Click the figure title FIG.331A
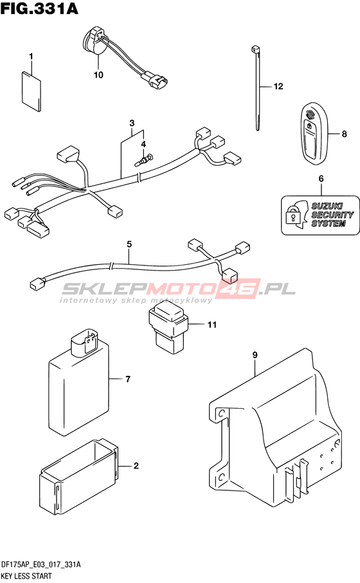click(x=39, y=8)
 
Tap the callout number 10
click(x=98, y=75)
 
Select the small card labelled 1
click(x=32, y=91)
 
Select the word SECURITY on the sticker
click(x=332, y=215)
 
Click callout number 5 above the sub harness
click(x=129, y=244)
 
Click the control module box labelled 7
click(x=80, y=383)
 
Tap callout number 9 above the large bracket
click(x=255, y=355)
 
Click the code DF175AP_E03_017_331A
click(x=41, y=565)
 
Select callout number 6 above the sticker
click(x=321, y=179)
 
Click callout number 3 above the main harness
click(x=132, y=123)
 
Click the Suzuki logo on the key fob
click(x=309, y=116)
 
